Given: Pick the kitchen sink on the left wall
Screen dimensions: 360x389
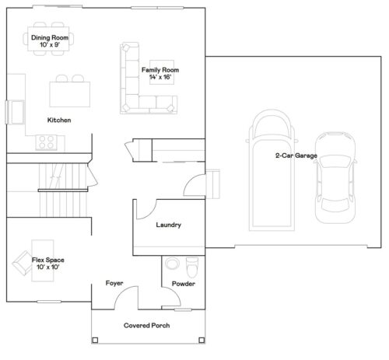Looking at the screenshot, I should tap(13, 111).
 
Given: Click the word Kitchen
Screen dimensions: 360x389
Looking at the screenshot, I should tap(60, 120).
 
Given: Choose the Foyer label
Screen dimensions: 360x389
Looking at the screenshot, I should tap(115, 283).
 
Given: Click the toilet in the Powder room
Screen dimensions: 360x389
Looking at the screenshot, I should tap(194, 267).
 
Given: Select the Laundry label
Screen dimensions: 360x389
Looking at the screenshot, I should tap(169, 225).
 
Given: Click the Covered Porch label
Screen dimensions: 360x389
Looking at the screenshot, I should tap(148, 326).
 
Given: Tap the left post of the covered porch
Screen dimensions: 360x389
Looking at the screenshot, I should tap(95, 341).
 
